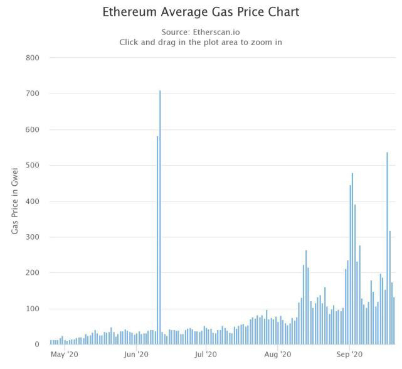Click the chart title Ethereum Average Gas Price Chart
tap(201, 12)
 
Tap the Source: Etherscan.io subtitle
tap(201, 32)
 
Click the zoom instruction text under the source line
tap(201, 42)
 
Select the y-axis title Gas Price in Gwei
tap(14, 201)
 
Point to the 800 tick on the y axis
tap(33, 58)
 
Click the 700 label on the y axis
tap(33, 94)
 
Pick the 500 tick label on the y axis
tap(33, 165)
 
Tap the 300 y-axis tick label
tap(33, 237)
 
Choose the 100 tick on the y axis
tap(33, 308)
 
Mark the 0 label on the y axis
tap(37, 345)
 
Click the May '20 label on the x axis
tap(65, 355)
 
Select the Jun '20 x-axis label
tap(136, 355)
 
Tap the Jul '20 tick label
tap(206, 355)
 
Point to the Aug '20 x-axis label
tap(278, 355)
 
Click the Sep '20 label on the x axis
tap(349, 355)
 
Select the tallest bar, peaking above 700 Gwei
tap(160, 217)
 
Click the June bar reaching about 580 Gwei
tap(157, 240)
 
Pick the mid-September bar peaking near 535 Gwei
tap(387, 249)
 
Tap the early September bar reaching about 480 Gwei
tap(352, 259)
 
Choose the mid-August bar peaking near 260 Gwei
tap(306, 297)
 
